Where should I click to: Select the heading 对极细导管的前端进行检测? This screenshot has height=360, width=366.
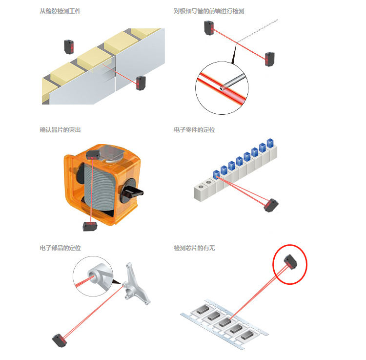209,11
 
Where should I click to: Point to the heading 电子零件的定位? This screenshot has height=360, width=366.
194,130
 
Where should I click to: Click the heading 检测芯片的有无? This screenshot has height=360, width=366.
194,248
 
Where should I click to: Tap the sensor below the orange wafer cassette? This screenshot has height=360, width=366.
90,226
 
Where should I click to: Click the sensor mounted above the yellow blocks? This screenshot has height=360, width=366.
68,47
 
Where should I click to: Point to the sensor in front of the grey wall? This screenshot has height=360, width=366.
141,83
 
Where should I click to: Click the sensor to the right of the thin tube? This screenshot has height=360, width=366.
269,59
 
